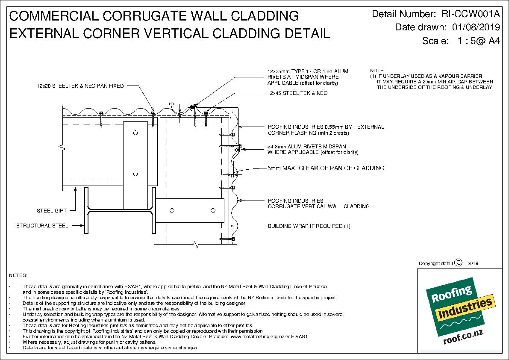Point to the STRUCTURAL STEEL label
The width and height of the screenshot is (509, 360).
tap(42, 226)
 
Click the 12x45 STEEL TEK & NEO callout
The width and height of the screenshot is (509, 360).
tap(297, 93)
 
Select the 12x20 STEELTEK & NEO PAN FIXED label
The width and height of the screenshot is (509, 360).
tap(80, 86)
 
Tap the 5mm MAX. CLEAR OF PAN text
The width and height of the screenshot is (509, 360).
tap(326, 168)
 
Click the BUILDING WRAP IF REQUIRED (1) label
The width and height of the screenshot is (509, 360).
tap(309, 226)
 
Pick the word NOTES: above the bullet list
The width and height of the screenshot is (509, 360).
tap(18, 275)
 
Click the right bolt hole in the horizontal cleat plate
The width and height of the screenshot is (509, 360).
tap(212, 210)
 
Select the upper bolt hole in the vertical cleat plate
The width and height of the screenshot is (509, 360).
tap(135, 133)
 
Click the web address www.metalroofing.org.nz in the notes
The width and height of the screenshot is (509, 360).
tap(256, 336)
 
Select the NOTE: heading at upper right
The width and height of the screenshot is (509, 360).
tap(377, 71)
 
